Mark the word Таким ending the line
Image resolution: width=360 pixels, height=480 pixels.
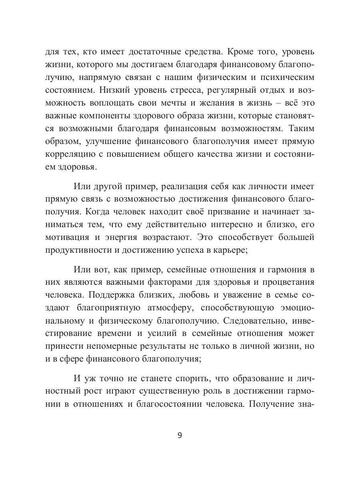coord(300,129)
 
